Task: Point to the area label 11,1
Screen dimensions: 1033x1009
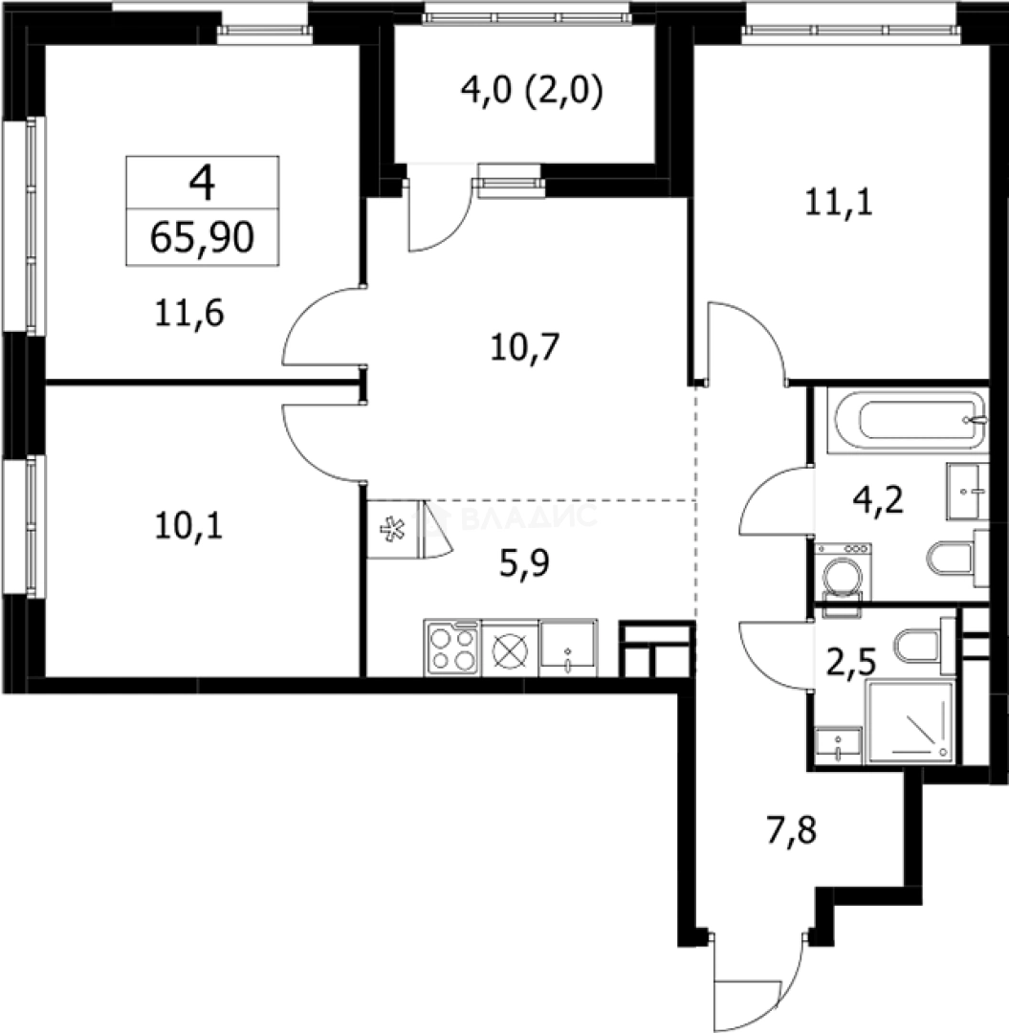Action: tap(839, 203)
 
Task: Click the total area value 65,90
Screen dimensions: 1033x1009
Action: tap(202, 237)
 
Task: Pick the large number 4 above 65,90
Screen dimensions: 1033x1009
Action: tap(202, 182)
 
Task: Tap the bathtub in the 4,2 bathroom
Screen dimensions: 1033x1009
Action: tap(909, 421)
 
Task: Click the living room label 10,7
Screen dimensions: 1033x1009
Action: tap(523, 346)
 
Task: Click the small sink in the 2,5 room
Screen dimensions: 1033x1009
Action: tap(839, 744)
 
